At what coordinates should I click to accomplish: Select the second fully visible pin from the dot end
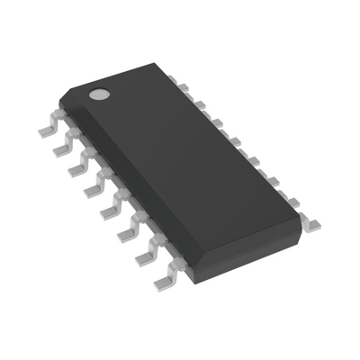[63, 146]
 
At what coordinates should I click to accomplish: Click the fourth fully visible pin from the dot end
[92, 188]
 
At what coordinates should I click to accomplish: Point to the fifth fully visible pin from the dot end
[109, 210]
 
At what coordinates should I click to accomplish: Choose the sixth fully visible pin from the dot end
[126, 233]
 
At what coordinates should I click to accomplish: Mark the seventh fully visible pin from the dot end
[145, 258]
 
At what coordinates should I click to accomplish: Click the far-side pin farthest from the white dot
[310, 222]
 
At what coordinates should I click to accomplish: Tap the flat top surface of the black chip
[189, 153]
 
